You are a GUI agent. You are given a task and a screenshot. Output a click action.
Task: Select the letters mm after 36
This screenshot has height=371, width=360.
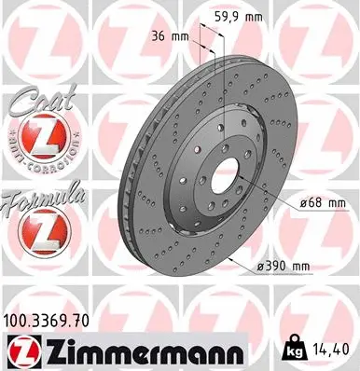pyautogui.click(x=194, y=37)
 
